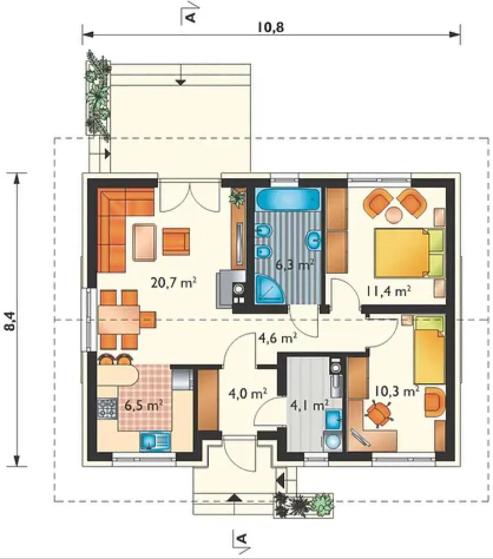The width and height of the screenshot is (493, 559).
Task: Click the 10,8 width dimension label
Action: click(x=271, y=27)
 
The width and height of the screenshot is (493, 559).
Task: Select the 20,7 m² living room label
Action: click(x=174, y=283)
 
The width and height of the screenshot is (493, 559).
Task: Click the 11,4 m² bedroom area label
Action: click(x=388, y=291)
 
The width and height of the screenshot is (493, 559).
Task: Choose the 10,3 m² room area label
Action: click(x=397, y=392)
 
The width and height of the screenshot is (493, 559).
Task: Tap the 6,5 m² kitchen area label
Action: click(x=143, y=406)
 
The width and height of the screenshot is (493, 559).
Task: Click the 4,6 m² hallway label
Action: click(x=278, y=338)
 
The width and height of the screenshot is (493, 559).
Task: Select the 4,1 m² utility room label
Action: click(x=309, y=406)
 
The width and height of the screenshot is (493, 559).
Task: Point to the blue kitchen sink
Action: click(x=155, y=441)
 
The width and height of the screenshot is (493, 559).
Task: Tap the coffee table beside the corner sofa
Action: click(x=145, y=242)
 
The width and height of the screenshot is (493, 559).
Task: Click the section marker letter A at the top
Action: click(x=191, y=17)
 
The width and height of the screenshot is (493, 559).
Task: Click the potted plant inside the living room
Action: click(x=237, y=197)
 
